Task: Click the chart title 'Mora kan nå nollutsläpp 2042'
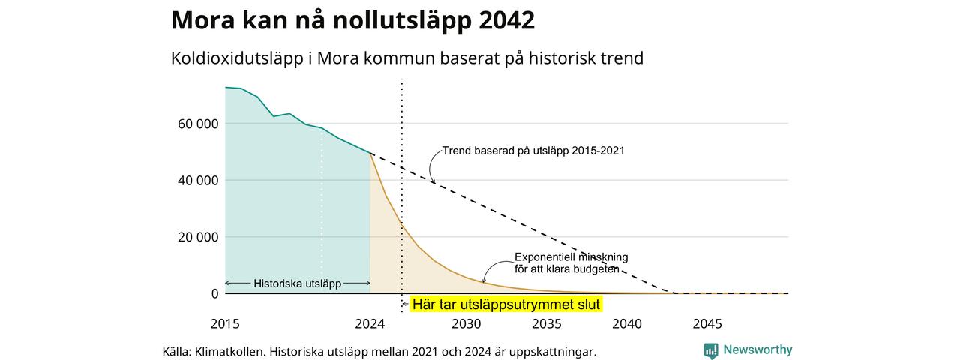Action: [352, 20]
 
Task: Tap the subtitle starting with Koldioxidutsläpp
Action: [407, 58]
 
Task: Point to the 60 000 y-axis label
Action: [198, 124]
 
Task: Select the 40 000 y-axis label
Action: [198, 181]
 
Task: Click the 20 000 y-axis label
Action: [198, 237]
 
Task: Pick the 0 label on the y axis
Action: [214, 293]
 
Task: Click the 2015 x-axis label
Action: [225, 323]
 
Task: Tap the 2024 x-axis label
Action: [370, 323]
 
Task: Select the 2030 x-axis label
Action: [466, 323]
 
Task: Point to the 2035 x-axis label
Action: [547, 323]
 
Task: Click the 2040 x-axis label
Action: [627, 323]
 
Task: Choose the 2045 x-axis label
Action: [707, 323]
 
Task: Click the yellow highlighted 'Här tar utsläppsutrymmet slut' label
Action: [506, 304]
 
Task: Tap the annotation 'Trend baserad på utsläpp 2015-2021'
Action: [533, 151]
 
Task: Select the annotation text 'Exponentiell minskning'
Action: [571, 257]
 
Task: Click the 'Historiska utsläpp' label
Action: [298, 283]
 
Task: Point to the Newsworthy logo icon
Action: [710, 350]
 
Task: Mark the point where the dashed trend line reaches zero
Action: [673, 293]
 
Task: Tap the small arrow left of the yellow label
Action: [405, 304]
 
